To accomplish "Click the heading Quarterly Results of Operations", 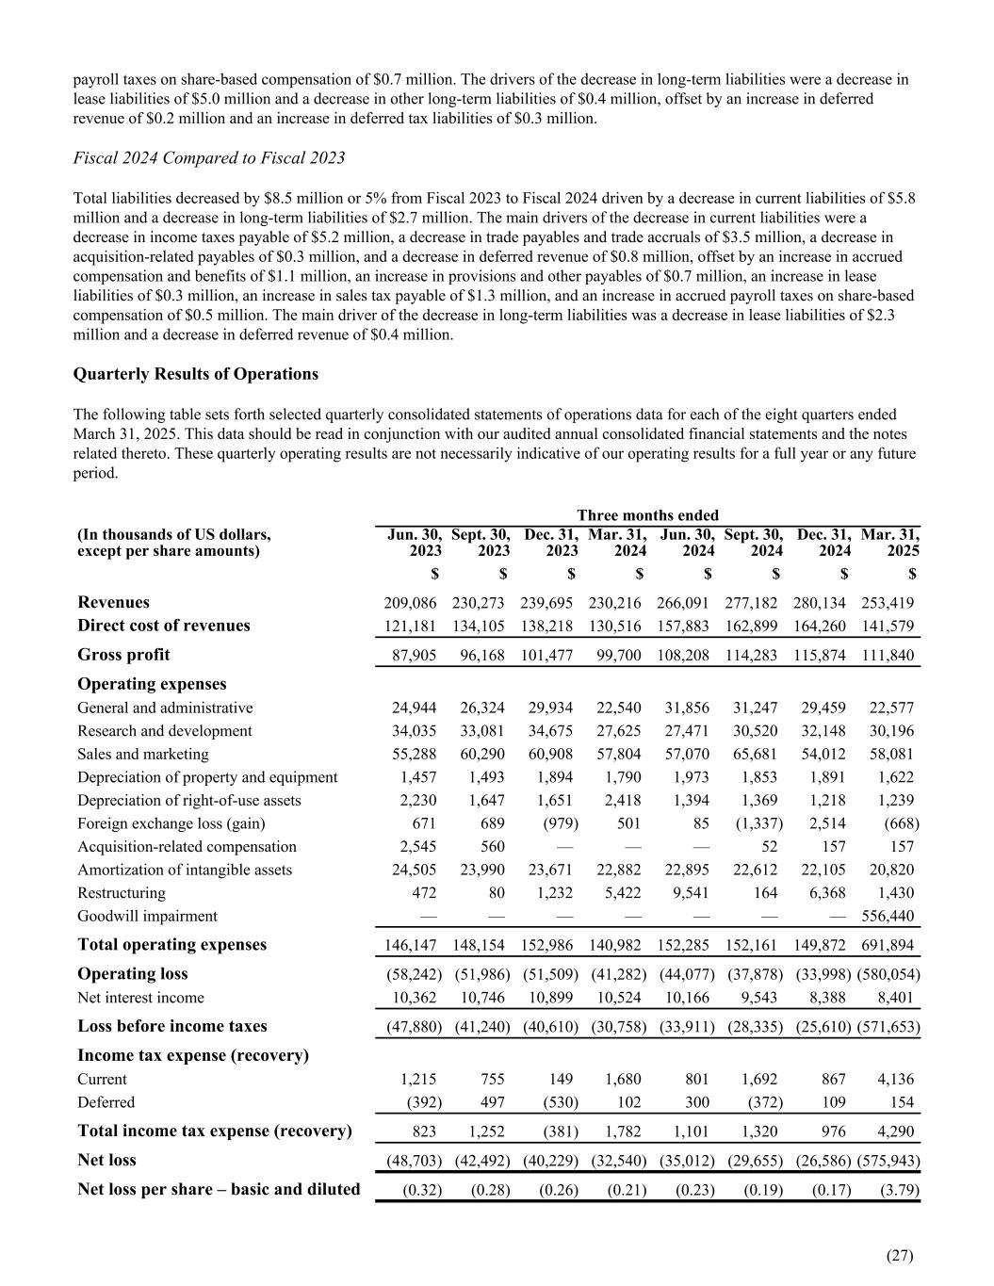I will (196, 374).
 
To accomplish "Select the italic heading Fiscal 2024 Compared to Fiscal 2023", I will (209, 158).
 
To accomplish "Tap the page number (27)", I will (901, 1255).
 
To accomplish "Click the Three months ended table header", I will (647, 514).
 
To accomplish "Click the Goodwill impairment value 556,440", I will (888, 916).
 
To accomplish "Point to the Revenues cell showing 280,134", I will (823, 603).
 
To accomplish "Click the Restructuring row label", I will (122, 893).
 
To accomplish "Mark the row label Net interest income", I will (140, 997).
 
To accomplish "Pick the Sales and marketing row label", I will (143, 754).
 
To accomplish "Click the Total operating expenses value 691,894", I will (888, 945).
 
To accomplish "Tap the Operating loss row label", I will (133, 973).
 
